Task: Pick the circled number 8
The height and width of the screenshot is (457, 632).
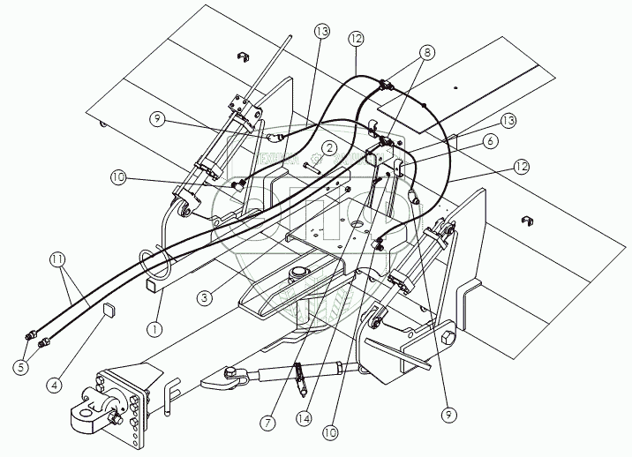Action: [x=429, y=53]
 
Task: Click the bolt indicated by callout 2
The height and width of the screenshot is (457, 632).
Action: [x=309, y=166]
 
